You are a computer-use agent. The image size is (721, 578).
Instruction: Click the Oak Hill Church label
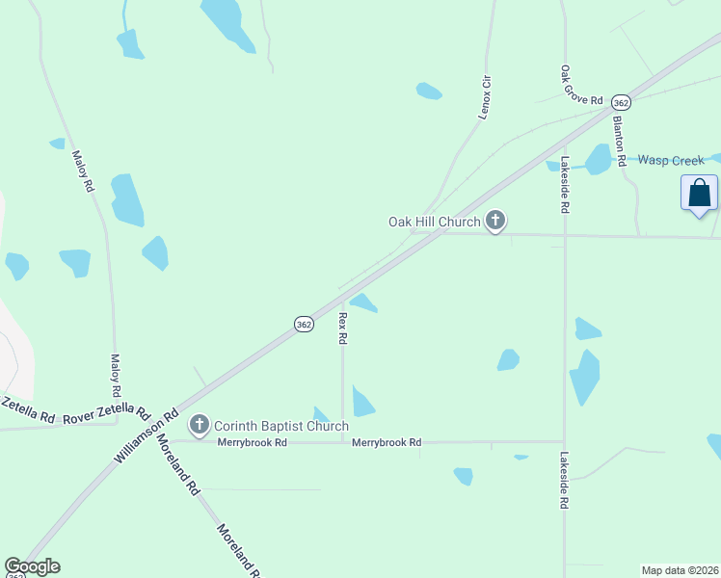coord(434,222)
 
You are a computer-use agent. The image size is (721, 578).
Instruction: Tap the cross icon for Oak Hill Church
coord(495,222)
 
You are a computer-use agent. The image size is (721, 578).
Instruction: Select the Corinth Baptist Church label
coord(280,425)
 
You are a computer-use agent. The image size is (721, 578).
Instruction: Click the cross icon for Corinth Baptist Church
coord(200,424)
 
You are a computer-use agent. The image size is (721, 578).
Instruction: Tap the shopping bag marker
coord(699,193)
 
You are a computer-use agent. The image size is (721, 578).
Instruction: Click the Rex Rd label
coord(342,328)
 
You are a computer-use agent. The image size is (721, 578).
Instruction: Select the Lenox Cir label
coord(487,97)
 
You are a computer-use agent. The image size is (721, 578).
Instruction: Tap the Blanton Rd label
coord(620,140)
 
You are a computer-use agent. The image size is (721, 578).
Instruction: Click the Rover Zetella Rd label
coord(106,415)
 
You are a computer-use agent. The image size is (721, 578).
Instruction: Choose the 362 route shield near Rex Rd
coord(304,325)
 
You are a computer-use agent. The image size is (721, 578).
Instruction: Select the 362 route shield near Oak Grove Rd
coord(622,102)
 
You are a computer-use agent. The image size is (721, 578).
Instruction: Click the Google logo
coord(32,566)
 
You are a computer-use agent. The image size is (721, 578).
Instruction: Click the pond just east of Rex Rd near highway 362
coord(363,303)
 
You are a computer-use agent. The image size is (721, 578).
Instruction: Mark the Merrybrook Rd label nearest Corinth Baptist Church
coord(254,443)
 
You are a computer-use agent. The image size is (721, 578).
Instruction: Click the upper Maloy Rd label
coord(83,170)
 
